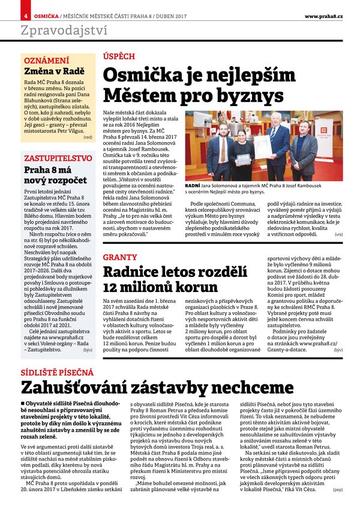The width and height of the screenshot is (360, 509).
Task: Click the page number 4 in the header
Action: [26, 14]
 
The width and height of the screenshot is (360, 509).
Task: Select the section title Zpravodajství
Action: [64, 31]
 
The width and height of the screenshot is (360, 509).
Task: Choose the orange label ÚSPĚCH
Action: [118, 56]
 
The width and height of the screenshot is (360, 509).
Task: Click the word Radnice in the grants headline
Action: [140, 272]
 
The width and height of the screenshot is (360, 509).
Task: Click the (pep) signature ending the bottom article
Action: [337, 490]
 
